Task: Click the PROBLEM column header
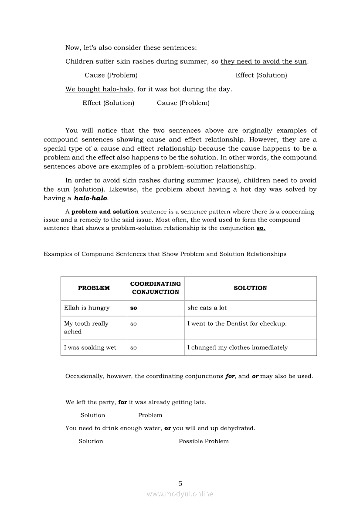[94, 288]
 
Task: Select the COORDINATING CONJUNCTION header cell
[156, 288]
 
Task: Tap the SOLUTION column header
[250, 288]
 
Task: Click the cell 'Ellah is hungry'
[87, 308]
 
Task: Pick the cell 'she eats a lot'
[207, 308]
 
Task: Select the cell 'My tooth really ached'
[86, 327]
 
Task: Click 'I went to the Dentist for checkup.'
[237, 324]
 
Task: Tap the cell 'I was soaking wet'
[90, 347]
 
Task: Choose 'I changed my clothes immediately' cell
[238, 347]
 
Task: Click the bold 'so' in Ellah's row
[133, 308]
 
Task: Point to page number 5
[180, 483]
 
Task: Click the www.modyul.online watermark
[180, 494]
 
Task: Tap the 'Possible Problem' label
[204, 441]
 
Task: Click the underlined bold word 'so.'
[261, 228]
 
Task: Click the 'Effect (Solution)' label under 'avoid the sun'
[261, 75]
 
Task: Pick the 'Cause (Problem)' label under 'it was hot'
[183, 103]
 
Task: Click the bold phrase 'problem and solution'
[105, 212]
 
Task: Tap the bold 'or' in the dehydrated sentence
[167, 428]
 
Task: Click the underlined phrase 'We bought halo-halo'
[99, 89]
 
